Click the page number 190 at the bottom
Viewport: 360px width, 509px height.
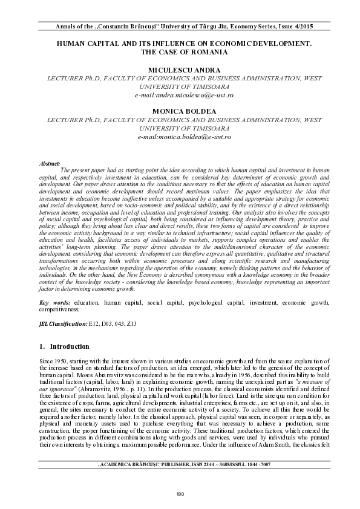pyautogui.click(x=180, y=494)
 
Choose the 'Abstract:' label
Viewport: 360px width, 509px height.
pyautogui.click(x=49, y=164)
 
